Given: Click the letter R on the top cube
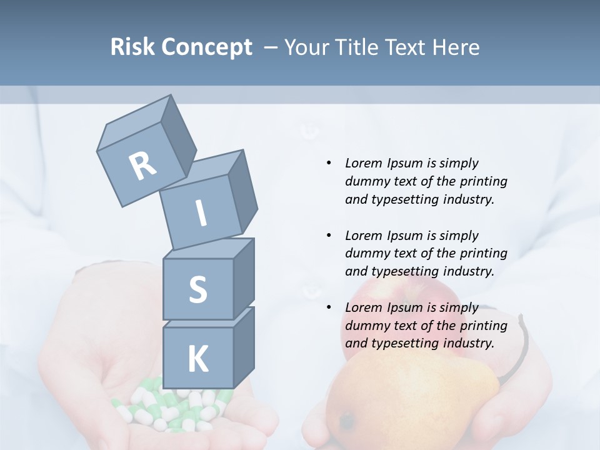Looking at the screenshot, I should (142, 166).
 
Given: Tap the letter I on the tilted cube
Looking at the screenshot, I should (201, 214).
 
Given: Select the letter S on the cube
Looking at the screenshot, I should (197, 289).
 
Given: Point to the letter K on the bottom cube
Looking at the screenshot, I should (197, 359).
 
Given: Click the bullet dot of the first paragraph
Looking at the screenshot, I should (329, 163).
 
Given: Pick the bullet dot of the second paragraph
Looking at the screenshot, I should (329, 236).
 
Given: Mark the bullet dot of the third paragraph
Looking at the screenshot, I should (329, 307).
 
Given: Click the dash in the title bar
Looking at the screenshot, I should (271, 47).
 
